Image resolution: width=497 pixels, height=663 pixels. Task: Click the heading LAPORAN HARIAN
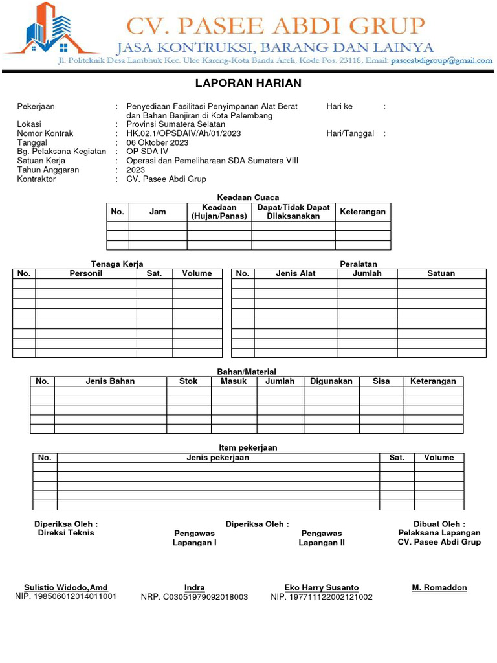point(248,84)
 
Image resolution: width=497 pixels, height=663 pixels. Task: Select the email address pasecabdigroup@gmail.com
point(441,61)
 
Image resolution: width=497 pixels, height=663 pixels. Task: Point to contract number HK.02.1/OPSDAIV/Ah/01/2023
point(184,133)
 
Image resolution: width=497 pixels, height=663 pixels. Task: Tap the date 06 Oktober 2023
point(157,142)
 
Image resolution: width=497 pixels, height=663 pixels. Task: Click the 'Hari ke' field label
point(340,106)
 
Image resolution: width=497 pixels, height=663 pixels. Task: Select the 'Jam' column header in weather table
point(158,212)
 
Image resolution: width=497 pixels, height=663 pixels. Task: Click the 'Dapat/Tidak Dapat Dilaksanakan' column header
point(293,212)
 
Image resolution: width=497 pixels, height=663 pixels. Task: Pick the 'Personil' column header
point(86,274)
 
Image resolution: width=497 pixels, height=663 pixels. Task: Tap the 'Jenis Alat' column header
point(296,274)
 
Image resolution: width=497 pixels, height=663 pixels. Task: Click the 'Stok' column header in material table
point(189,381)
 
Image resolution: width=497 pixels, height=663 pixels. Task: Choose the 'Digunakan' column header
point(331,381)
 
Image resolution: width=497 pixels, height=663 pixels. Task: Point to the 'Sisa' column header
point(381,381)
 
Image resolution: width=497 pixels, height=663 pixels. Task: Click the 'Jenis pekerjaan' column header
point(218,458)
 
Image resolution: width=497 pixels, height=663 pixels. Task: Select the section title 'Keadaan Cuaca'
point(248,197)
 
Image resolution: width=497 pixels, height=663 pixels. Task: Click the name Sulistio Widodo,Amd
point(66,588)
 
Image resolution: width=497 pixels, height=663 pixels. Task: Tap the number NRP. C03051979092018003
point(194,597)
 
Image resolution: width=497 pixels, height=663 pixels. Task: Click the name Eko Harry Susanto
point(322,588)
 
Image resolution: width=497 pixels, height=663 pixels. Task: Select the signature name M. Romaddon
point(439,588)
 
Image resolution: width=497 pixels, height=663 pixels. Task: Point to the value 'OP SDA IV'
point(147,152)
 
